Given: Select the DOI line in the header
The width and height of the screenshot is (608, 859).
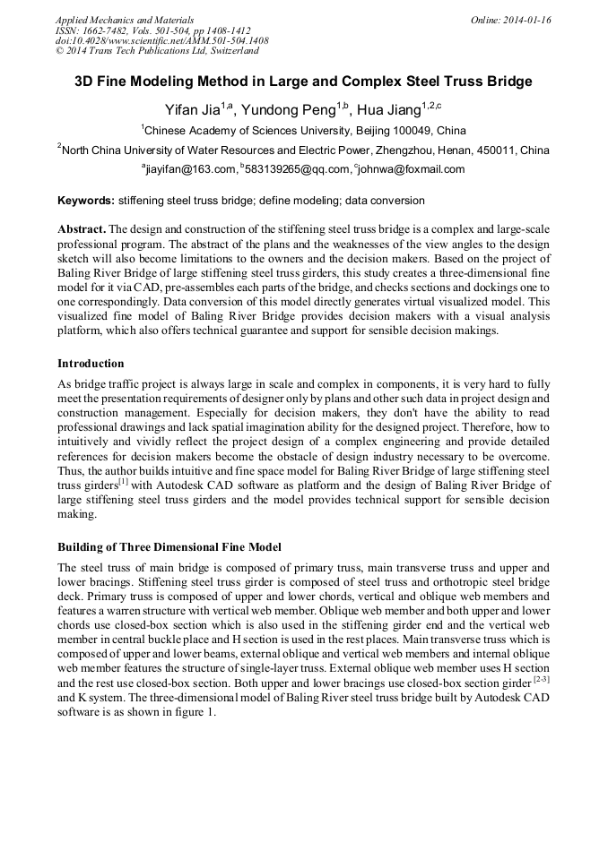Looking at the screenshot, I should pyautogui.click(x=161, y=41).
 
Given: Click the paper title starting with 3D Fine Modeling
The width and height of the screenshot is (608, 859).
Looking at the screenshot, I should pyautogui.click(x=303, y=82).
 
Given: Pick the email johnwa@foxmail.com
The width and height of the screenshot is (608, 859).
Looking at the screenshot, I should pyautogui.click(x=413, y=169).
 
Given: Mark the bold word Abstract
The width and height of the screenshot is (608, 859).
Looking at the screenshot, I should pyautogui.click(x=82, y=229).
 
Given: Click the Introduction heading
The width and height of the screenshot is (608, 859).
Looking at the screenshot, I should pyautogui.click(x=91, y=364).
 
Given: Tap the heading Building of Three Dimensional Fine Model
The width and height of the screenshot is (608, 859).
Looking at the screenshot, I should pyautogui.click(x=169, y=546).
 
